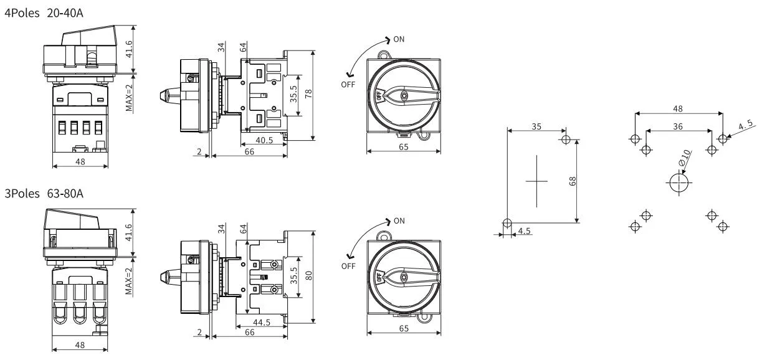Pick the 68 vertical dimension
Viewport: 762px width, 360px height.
point(572,181)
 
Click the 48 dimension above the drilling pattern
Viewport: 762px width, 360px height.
point(679,108)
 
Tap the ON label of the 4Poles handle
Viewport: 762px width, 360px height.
point(399,39)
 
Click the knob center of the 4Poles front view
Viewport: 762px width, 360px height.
point(405,95)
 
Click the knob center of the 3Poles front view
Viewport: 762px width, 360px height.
point(405,277)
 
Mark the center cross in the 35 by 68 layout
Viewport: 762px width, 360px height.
point(536,181)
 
